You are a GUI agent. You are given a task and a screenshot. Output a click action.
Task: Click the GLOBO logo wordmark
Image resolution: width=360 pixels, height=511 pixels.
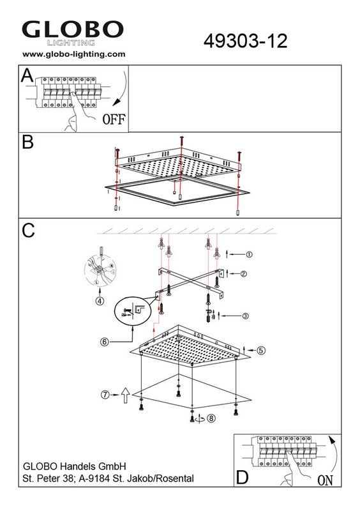pos(73,29)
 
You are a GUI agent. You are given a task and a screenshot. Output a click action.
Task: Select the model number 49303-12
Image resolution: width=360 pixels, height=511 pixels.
pos(245,42)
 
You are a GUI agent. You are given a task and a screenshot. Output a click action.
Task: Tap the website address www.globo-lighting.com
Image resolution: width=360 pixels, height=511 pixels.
pos(74,54)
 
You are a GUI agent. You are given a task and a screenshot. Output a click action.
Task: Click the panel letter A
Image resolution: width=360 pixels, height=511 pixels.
pos(27,75)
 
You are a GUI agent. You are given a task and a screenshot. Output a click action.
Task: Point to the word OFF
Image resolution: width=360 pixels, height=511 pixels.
pos(114,119)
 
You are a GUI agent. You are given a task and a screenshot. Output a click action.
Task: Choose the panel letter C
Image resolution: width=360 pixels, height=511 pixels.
pos(28,231)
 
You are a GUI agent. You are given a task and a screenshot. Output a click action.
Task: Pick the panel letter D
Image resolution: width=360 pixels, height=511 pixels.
pos(243,478)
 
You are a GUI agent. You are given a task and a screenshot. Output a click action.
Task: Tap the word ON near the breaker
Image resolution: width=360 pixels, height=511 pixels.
pos(325,480)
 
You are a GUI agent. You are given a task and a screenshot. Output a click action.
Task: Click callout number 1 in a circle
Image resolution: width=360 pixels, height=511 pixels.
pos(249,254)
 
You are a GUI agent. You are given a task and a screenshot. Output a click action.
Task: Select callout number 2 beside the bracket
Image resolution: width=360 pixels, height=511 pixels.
pos(243,274)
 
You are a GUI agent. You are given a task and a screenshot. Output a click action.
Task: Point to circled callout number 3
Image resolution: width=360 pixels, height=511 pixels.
pos(245,316)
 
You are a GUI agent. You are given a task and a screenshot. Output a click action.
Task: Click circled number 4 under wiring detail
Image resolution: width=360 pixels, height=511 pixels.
pos(100,301)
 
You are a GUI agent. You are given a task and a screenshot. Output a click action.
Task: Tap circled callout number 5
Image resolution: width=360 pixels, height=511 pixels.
pos(261,350)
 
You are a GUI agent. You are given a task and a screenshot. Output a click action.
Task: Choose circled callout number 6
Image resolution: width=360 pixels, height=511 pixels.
pos(104,342)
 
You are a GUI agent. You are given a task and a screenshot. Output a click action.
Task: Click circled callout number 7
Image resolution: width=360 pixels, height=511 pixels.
pos(105,395)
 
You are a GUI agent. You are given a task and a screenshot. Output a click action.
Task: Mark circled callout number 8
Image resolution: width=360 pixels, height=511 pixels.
pos(211,418)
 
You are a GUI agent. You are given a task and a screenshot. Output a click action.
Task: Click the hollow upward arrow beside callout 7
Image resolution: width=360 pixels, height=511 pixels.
pos(126,395)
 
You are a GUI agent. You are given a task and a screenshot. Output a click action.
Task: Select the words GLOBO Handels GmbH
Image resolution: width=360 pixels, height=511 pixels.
pos(75,466)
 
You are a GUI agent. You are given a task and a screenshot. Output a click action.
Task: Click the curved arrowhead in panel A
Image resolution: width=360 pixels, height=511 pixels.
pos(116,103)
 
